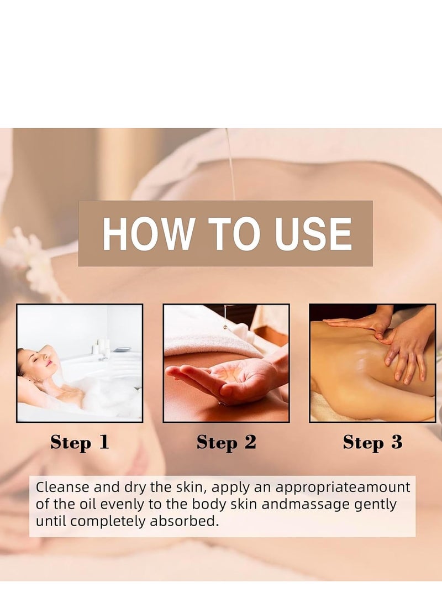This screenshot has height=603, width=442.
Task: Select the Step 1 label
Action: (80, 442)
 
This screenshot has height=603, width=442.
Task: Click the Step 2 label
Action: (226, 442)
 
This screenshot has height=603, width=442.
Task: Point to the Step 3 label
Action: (372, 442)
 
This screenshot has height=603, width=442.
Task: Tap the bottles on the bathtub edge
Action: (100, 347)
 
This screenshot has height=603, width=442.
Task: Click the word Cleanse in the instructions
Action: (63, 487)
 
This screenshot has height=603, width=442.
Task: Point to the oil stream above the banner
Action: (230, 164)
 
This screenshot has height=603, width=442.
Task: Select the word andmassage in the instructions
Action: (306, 504)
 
